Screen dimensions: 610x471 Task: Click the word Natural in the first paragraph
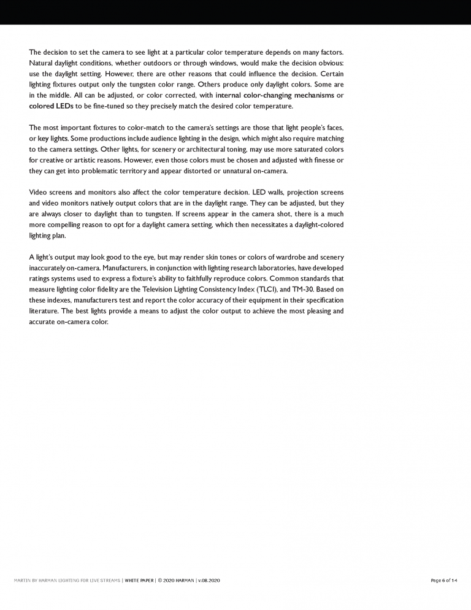tap(42, 63)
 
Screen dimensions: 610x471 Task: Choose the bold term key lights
tap(53, 139)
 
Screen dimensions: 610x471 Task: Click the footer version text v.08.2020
tap(209, 580)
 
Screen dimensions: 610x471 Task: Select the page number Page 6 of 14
tap(444, 580)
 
